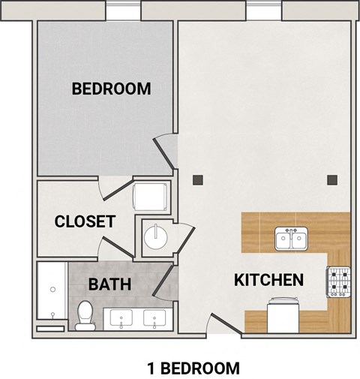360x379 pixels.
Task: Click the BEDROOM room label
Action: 111,89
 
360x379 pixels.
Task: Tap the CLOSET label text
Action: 85,221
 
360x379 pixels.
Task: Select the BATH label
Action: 110,284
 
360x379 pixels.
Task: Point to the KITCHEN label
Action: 269,280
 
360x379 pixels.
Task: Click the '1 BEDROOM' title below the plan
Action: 193,368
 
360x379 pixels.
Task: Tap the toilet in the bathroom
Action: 85,314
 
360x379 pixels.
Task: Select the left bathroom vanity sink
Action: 121,318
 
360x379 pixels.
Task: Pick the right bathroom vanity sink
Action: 155,318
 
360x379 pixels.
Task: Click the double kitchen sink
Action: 290,239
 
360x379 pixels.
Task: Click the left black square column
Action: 197,179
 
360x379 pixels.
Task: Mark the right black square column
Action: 332,179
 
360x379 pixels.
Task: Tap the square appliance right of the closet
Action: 150,197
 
